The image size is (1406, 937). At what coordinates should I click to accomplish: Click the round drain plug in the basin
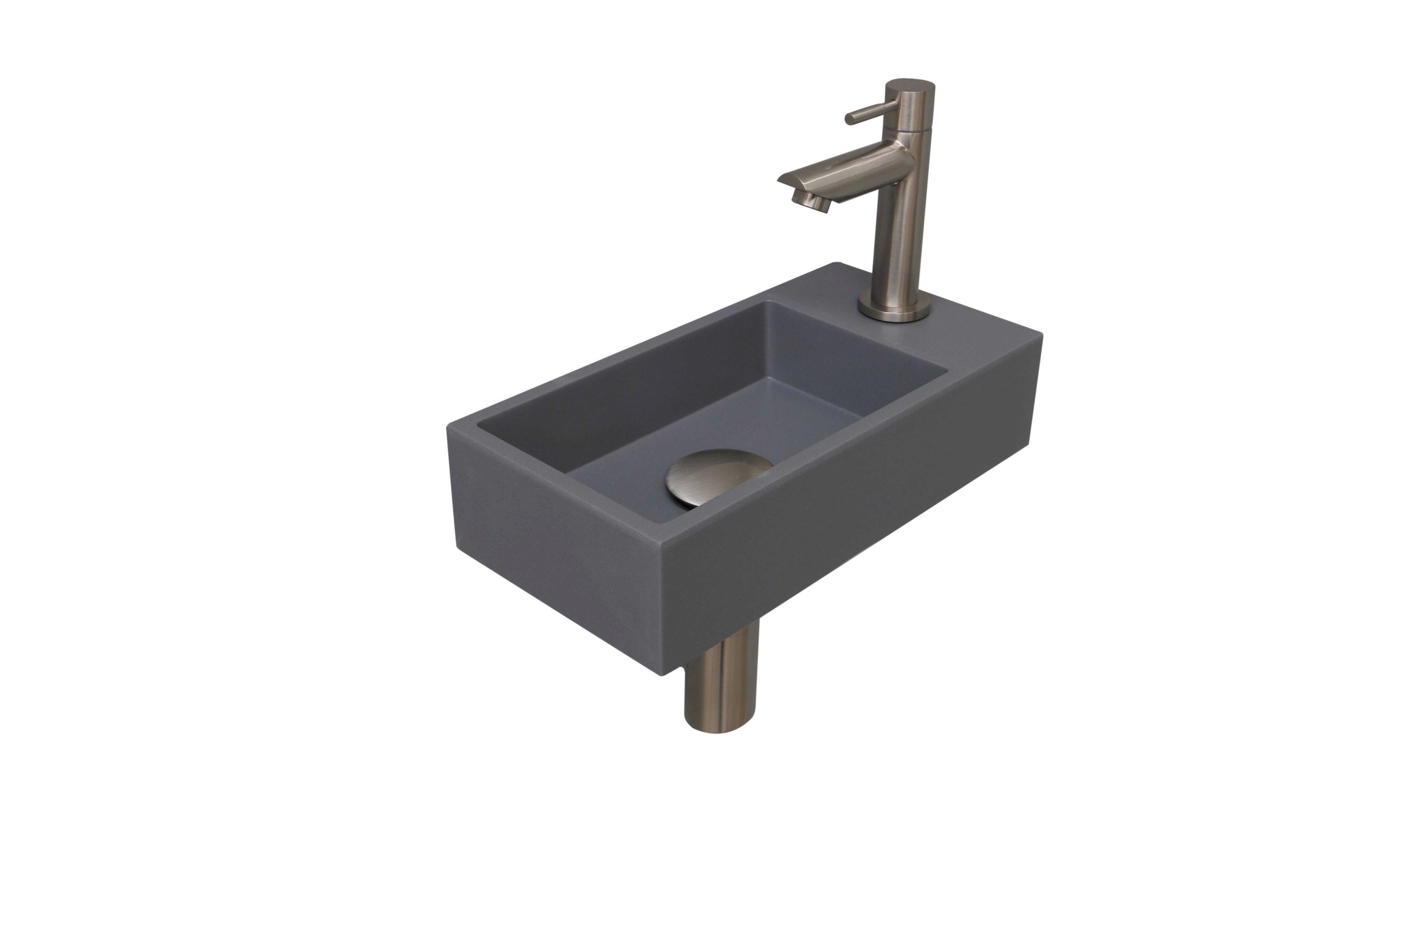718,476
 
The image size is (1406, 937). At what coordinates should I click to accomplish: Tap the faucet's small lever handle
871,112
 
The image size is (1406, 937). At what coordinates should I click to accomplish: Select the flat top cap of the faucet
910,84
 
